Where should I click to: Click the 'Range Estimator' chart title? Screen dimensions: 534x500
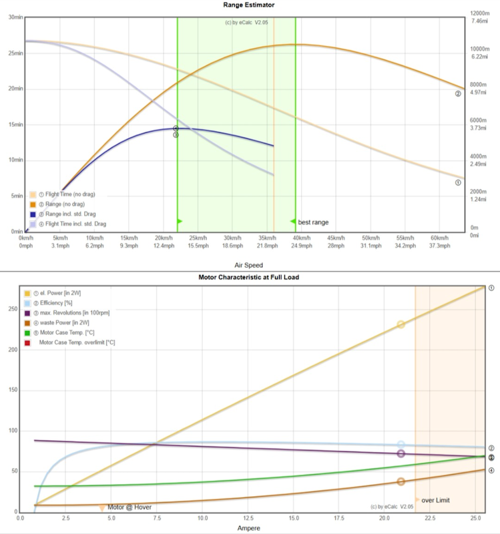250,5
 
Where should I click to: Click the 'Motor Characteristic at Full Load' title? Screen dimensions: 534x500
250,276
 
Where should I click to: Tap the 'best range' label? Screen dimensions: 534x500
313,222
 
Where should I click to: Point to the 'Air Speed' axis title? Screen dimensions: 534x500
248,265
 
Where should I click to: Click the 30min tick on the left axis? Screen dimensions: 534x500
13,17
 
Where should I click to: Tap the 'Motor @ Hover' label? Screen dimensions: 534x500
130,507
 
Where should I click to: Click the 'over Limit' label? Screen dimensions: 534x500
436,500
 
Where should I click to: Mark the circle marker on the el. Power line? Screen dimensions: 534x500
401,324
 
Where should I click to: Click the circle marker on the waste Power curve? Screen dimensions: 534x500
401,481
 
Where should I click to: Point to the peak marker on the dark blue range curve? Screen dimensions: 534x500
176,128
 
